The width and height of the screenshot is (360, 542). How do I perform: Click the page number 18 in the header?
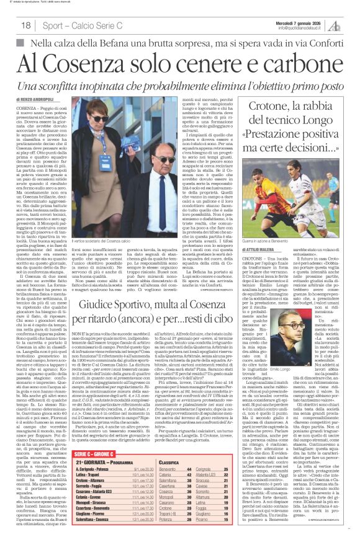tap(26, 25)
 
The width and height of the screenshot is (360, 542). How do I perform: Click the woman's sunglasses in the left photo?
tap(100, 120)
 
